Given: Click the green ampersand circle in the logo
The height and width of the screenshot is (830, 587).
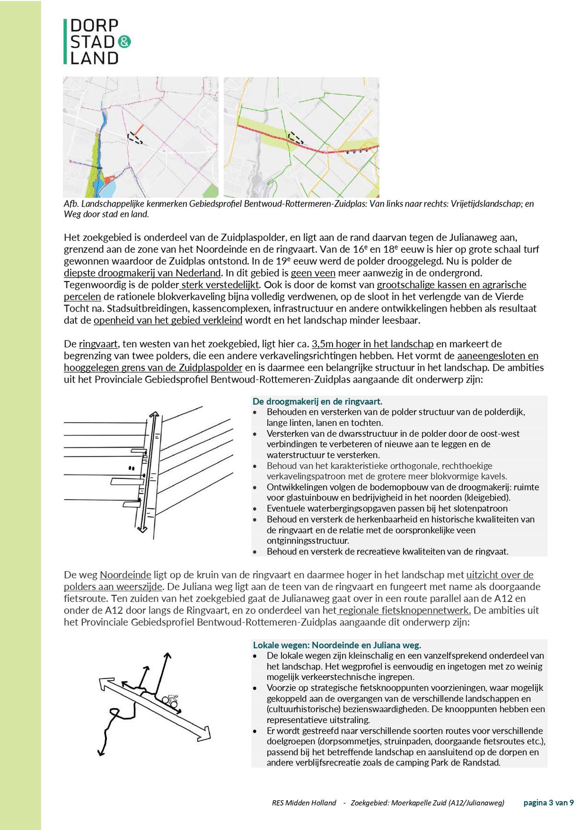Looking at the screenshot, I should point(124,42).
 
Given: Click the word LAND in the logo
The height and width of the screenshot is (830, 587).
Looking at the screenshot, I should point(94,58).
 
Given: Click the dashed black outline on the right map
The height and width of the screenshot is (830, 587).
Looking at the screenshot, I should point(296,138).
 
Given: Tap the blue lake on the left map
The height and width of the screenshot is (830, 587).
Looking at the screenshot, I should point(110,189).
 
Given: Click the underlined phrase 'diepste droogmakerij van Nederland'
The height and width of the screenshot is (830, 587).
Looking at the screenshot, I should point(142,273).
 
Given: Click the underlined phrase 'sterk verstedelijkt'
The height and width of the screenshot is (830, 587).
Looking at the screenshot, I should point(221,285).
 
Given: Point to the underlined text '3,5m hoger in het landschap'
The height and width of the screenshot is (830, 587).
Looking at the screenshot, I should point(372,344).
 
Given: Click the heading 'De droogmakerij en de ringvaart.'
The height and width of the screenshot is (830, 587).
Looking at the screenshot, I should point(317,401).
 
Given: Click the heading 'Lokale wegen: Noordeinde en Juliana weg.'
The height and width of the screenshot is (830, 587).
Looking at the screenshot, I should point(337,645).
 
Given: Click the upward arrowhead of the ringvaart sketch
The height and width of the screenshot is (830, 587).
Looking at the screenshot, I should point(154,415).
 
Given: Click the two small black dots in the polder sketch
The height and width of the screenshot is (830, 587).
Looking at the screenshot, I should point(132,468).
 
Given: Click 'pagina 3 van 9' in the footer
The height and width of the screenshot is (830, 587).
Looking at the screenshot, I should point(548,802).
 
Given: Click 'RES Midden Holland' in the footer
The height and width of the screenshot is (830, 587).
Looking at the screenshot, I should point(304,803).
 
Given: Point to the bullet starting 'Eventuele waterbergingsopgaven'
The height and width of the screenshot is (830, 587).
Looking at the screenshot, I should point(387,508).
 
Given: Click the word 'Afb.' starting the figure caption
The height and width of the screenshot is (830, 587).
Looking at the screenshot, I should point(71,204).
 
